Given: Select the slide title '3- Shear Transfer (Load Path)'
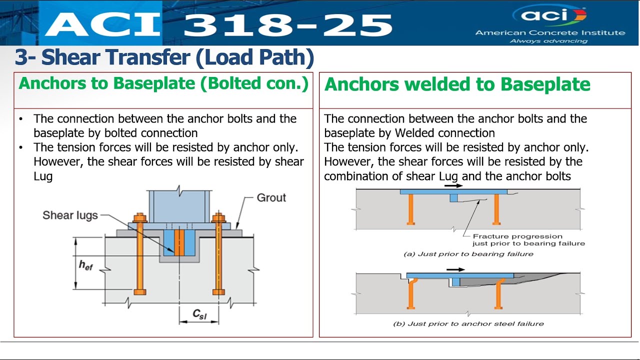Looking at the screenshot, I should click(164, 57).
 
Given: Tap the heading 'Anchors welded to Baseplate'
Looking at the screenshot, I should click(457, 84).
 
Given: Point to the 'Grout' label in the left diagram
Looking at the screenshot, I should click(271, 197).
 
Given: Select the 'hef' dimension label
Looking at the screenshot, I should click(85, 264).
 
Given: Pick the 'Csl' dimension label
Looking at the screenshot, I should click(199, 314).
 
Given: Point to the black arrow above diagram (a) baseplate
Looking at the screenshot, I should click(453, 185).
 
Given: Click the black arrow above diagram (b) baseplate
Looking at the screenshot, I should click(455, 269).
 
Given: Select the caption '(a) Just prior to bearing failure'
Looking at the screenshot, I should click(468, 254).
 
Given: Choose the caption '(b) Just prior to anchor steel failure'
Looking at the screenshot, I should click(468, 323).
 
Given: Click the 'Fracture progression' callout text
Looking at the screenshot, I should click(517, 236).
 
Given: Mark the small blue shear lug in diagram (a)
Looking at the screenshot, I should click(453, 198).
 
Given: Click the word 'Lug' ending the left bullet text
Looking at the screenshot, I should click(43, 176).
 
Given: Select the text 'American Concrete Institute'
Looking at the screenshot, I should click(550, 33).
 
